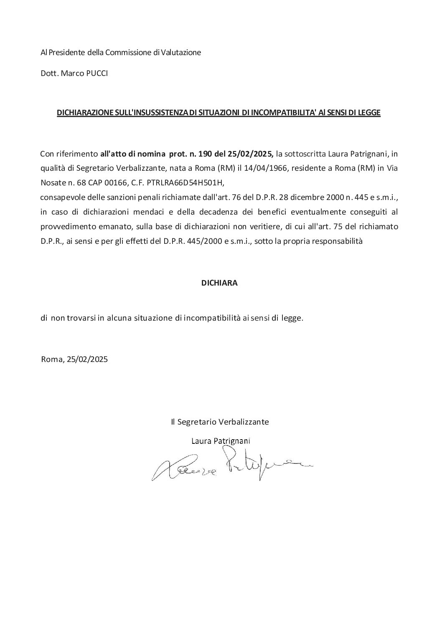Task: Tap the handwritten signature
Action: (x=232, y=466)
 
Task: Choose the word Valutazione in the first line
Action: (x=180, y=53)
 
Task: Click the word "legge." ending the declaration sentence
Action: (x=292, y=318)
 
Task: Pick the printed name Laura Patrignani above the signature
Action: (x=221, y=441)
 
